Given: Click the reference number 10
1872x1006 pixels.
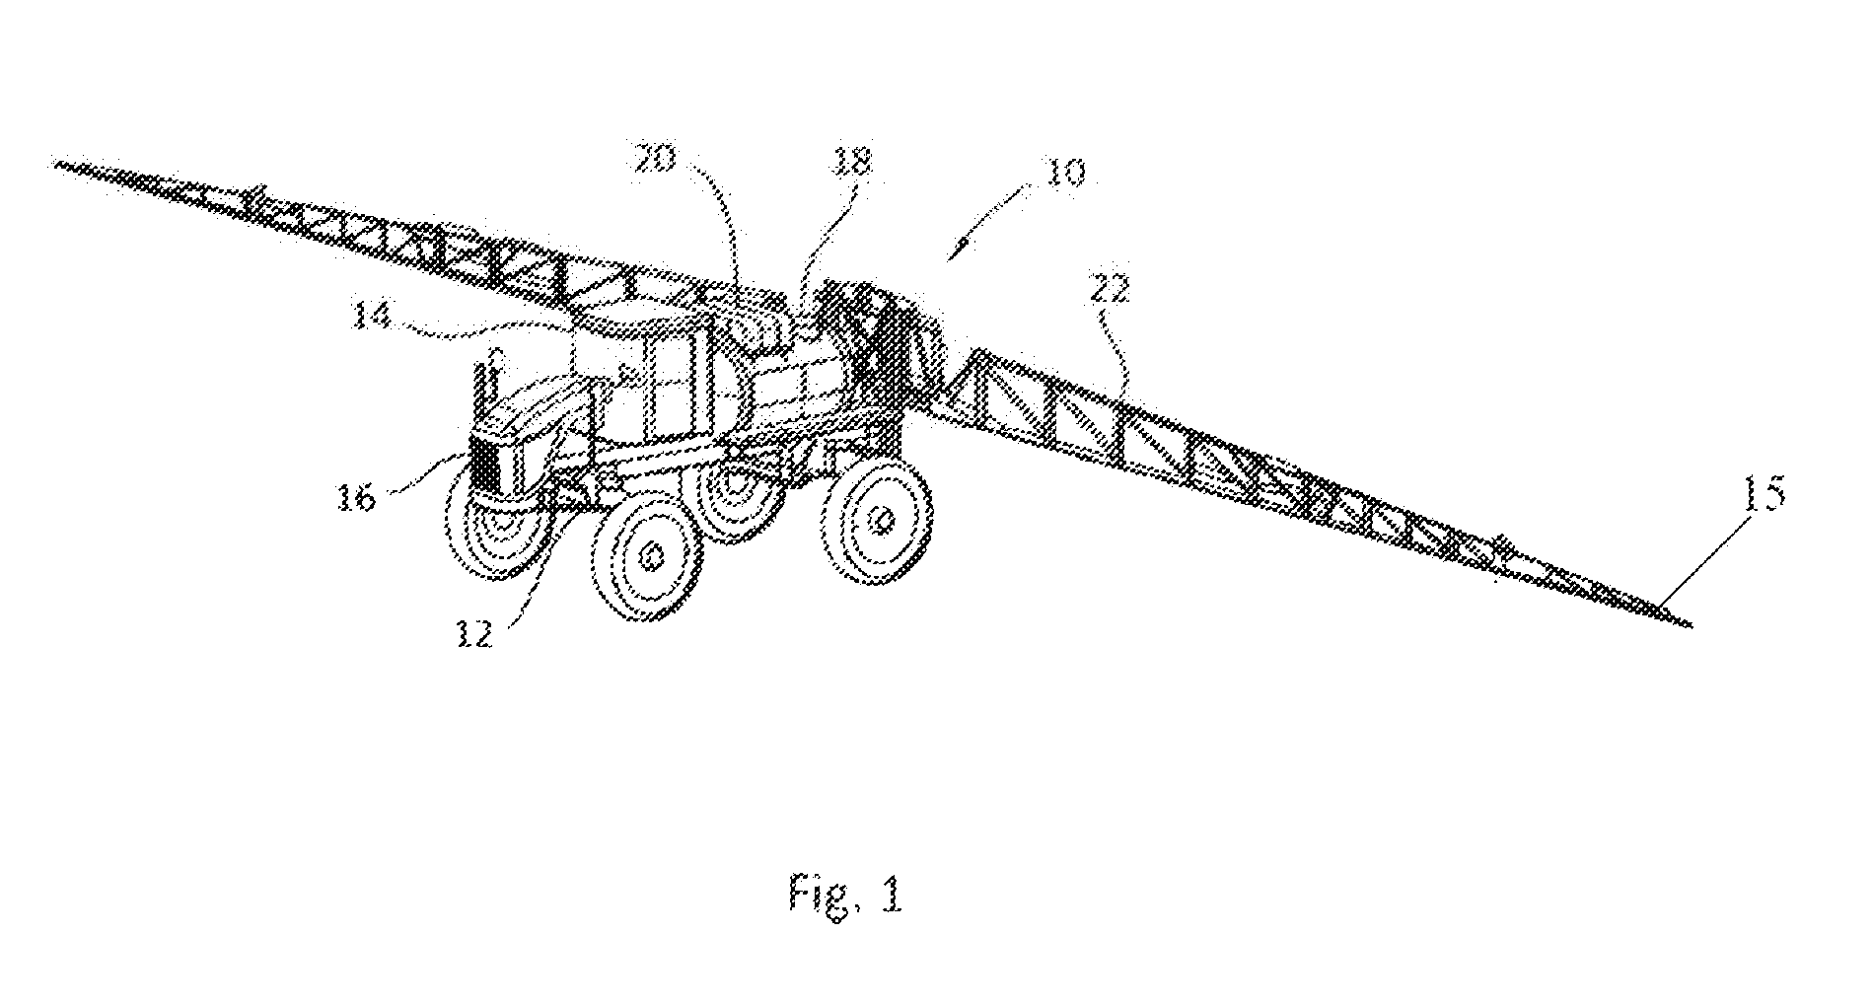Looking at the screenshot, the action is point(1057,175).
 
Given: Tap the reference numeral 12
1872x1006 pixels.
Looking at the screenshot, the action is point(475,634).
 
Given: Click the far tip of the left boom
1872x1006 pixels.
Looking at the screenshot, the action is point(54,163).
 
